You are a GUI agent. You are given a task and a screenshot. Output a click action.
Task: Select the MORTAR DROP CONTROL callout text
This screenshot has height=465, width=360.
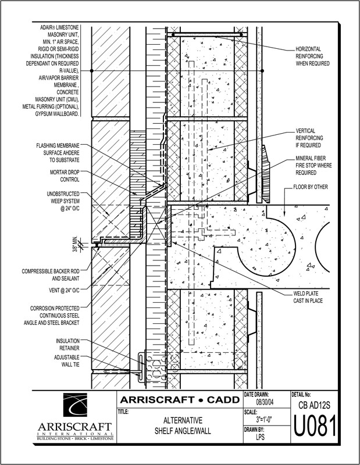click(x=66, y=176)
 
